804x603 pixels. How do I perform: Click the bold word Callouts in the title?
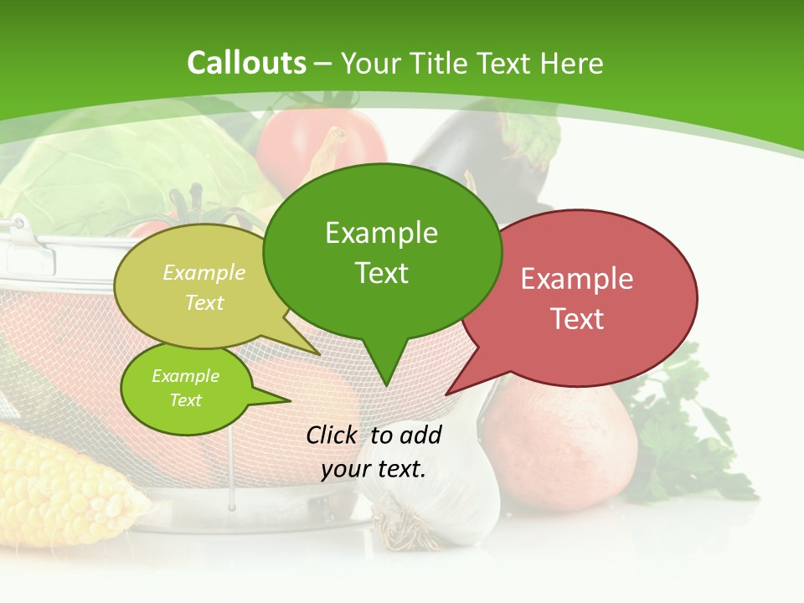tap(246, 63)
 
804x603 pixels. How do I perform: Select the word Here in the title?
tap(572, 63)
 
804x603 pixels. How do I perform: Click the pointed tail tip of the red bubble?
tap(446, 394)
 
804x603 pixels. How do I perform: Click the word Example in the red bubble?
tap(577, 279)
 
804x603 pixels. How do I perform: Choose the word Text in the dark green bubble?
tap(381, 273)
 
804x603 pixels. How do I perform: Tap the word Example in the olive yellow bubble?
tap(204, 272)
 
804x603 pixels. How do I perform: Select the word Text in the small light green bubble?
tap(185, 400)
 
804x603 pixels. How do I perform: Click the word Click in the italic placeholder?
tap(331, 435)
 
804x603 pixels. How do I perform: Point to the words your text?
tap(374, 469)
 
